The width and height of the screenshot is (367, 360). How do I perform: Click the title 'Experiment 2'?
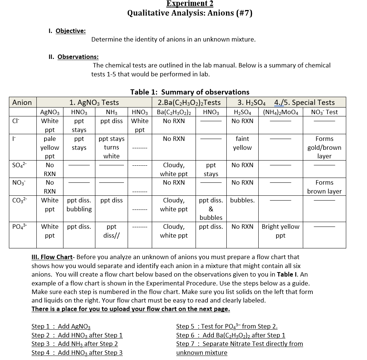point(190,4)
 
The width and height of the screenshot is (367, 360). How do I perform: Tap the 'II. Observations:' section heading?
point(73,57)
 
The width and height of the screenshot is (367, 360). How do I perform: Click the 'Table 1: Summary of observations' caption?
point(190,92)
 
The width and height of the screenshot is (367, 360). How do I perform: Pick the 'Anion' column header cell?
point(22,102)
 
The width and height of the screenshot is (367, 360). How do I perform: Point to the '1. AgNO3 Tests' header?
point(94,102)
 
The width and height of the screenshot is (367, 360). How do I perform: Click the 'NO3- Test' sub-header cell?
point(324,112)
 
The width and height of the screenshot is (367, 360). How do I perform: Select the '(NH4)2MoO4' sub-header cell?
point(280,112)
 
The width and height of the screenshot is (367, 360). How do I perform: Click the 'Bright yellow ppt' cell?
point(280,231)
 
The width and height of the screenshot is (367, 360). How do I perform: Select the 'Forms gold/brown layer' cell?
point(324,147)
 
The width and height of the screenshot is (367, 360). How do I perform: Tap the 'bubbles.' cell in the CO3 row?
point(242,200)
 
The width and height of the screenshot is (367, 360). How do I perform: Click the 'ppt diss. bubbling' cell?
point(79,205)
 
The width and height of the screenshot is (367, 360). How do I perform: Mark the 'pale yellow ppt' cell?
point(50,147)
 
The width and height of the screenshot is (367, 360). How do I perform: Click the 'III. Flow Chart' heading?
point(52,257)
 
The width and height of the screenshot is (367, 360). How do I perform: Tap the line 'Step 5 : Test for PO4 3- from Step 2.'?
point(227,326)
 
